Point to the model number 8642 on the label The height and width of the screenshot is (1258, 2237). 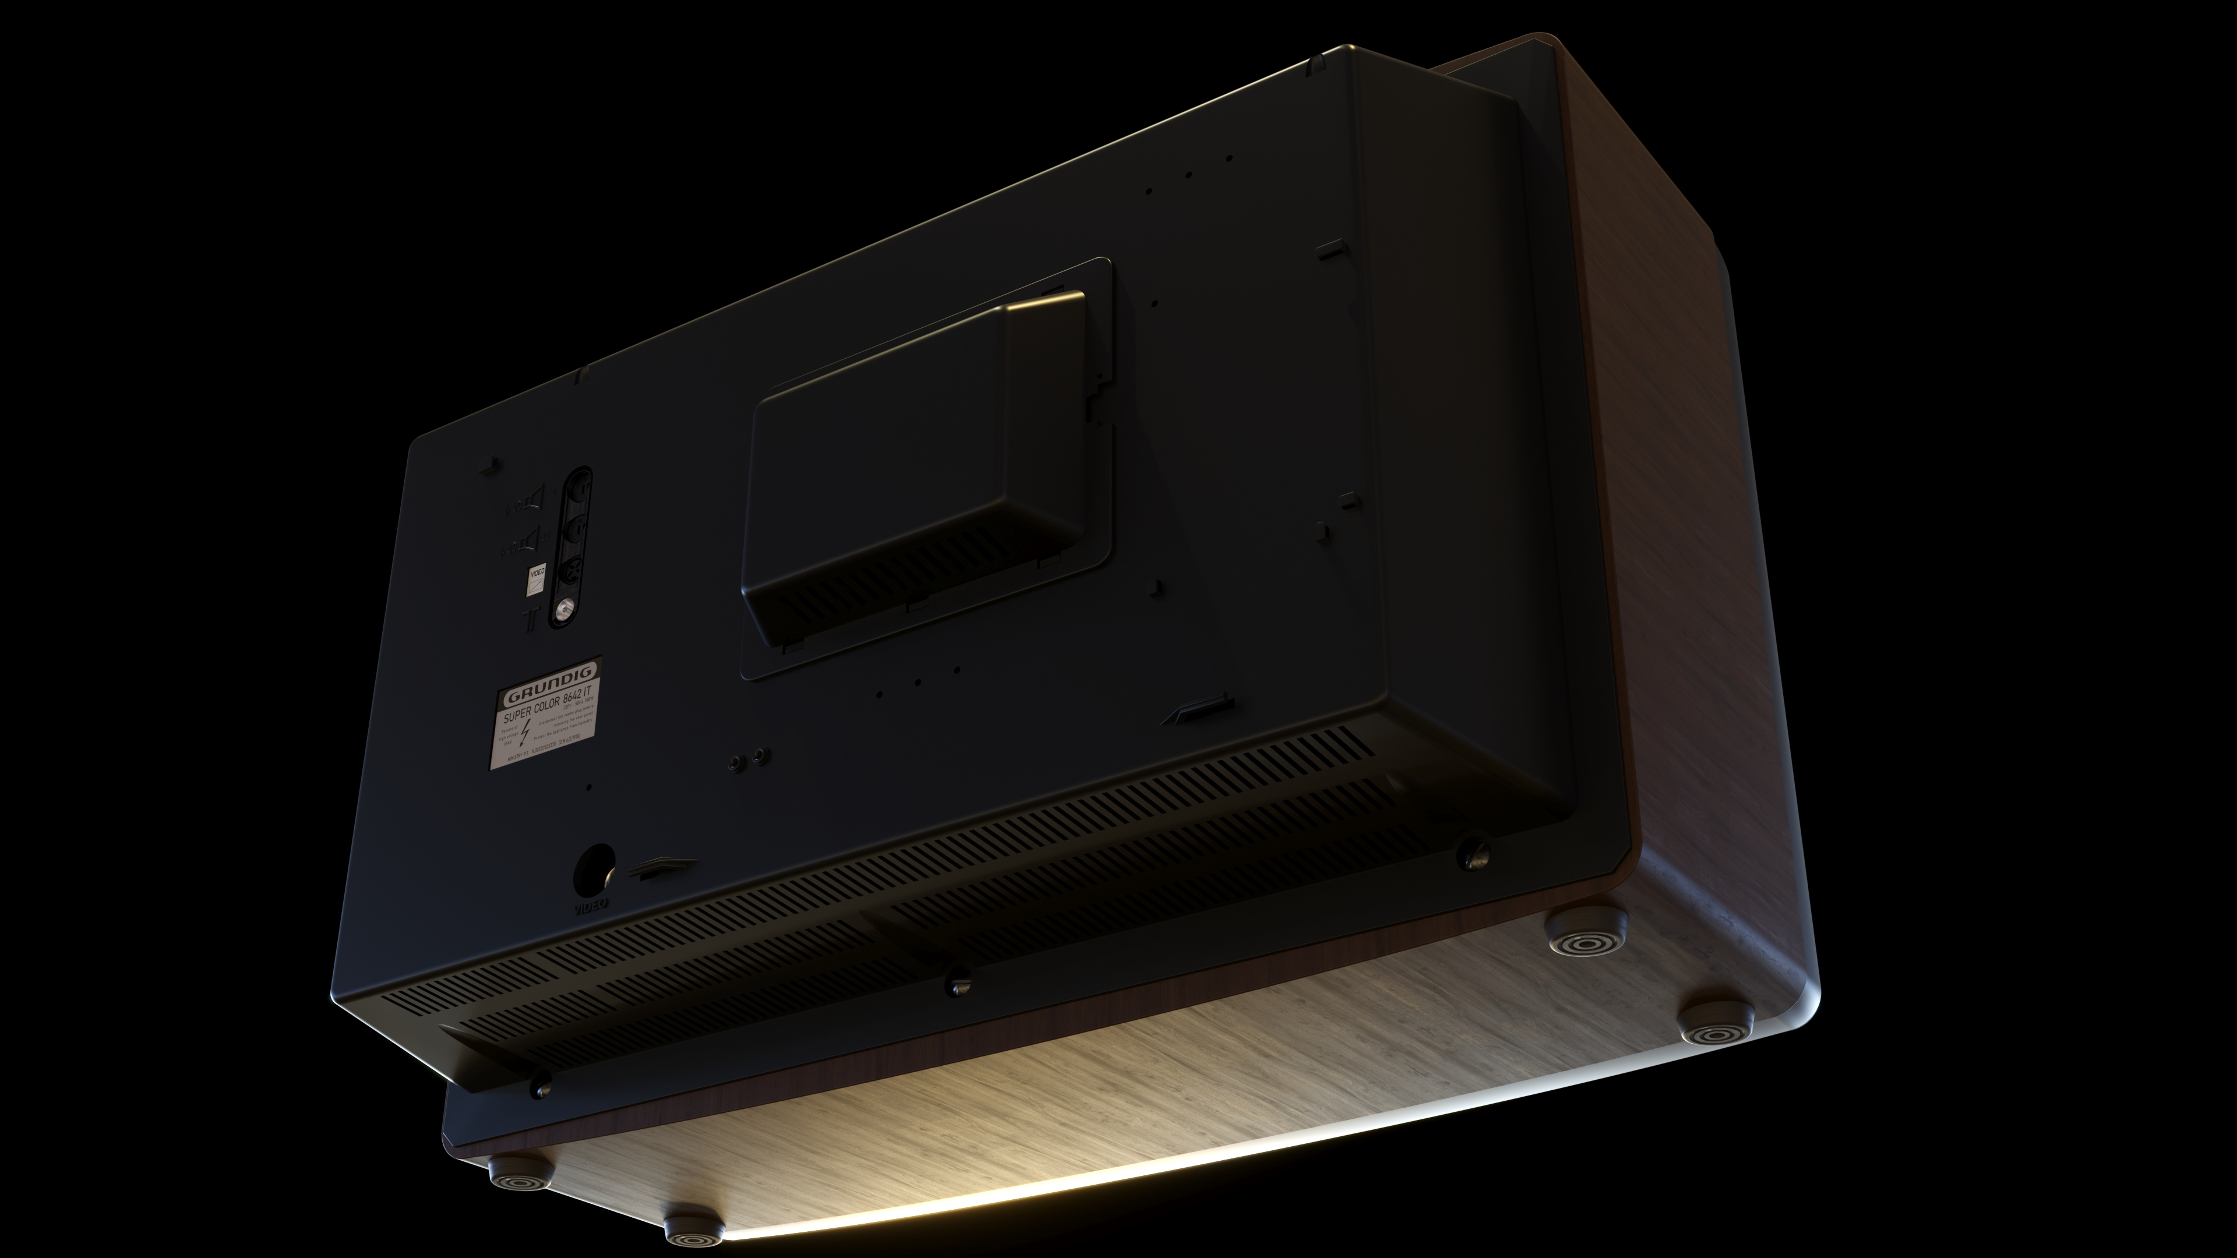572,699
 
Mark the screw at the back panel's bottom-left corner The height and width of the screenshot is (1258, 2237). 541,1086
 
